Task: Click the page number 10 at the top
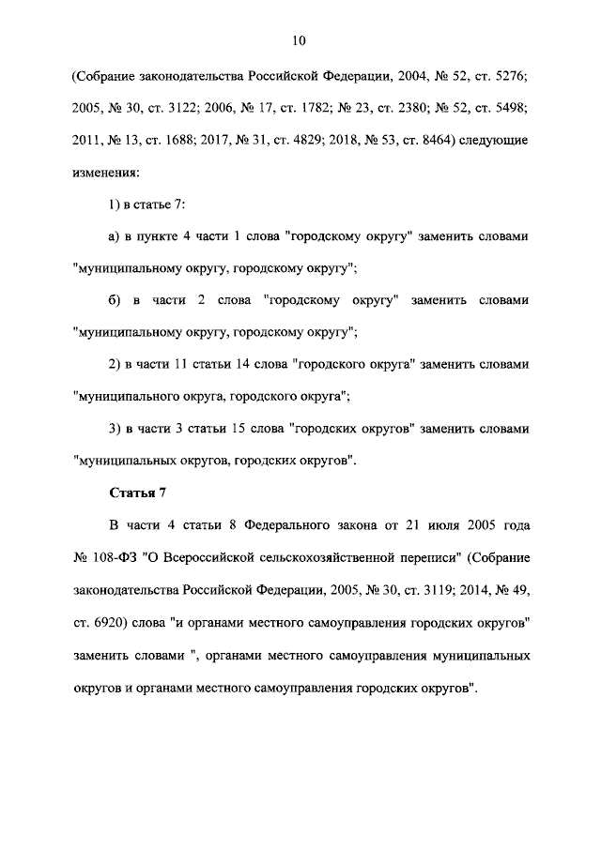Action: tap(300, 40)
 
